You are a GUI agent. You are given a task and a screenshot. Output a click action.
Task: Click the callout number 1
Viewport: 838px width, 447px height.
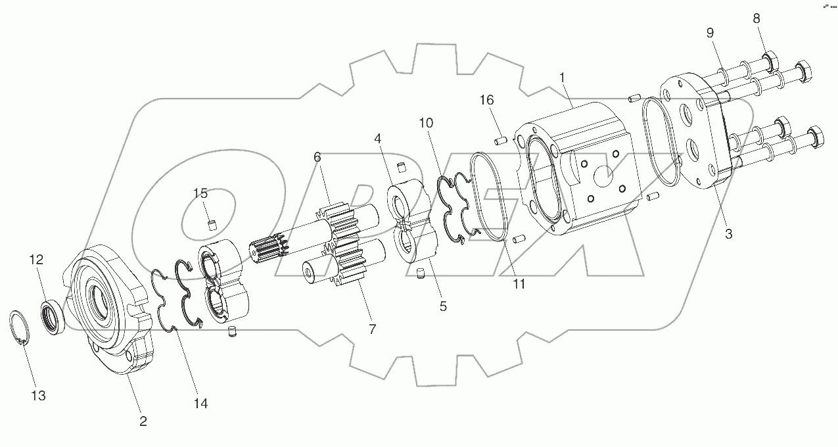point(562,78)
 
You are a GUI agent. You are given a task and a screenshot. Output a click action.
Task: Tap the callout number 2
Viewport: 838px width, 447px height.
point(143,421)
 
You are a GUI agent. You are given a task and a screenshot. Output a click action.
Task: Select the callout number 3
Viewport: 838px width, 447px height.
point(728,233)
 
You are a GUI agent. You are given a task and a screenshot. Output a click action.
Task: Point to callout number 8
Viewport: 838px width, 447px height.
point(756,19)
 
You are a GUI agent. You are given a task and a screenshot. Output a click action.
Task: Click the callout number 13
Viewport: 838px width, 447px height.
point(38,396)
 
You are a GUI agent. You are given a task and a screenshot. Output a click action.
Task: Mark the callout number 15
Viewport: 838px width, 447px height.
point(200,193)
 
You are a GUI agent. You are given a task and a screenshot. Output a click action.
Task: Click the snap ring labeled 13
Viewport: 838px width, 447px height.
point(22,328)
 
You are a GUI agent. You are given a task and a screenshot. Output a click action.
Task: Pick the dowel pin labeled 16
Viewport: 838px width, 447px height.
point(499,139)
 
